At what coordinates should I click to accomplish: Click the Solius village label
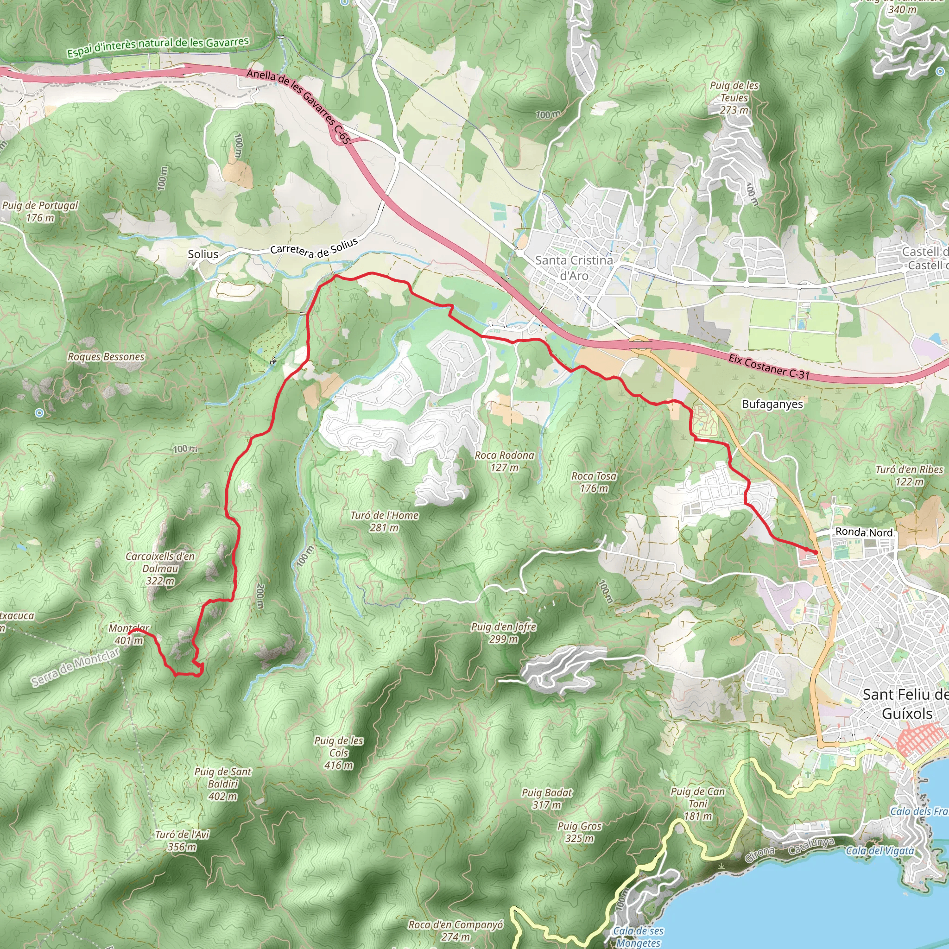[x=203, y=254]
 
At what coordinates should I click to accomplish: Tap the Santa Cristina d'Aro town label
[x=574, y=268]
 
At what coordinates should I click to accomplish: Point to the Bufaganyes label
[x=772, y=404]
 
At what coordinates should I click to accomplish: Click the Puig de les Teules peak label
[x=734, y=98]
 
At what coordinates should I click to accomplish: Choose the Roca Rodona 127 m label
[x=505, y=461]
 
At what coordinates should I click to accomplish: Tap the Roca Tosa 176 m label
[x=594, y=482]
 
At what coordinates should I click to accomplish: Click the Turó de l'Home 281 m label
[x=384, y=521]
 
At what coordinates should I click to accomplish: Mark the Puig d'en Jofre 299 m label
[x=504, y=633]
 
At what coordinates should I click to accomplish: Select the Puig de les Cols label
[x=339, y=753]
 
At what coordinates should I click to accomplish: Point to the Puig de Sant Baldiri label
[x=222, y=784]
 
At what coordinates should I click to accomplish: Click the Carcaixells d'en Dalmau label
[x=160, y=568]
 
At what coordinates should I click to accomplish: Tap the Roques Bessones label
[x=106, y=357]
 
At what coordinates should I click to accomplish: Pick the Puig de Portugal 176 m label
[x=40, y=211]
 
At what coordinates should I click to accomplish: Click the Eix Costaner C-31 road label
[x=769, y=367]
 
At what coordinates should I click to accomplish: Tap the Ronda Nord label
[x=864, y=532]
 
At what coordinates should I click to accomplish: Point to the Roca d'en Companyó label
[x=456, y=930]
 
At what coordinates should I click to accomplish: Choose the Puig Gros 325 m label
[x=580, y=832]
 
